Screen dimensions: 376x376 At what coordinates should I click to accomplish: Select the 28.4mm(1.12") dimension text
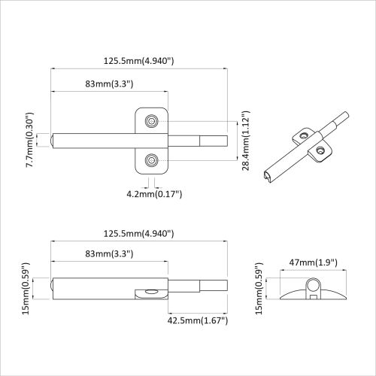point(245,141)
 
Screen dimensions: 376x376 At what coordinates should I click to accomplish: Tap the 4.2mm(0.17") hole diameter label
point(153,194)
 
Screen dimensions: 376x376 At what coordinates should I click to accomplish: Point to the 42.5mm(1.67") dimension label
point(196,320)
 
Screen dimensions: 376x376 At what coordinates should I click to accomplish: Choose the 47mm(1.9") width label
point(312,262)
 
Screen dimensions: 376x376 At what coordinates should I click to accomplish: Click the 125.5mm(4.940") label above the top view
point(139,60)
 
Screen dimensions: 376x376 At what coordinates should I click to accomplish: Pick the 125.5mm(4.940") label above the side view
point(139,234)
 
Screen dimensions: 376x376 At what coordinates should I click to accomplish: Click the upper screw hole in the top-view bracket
point(153,120)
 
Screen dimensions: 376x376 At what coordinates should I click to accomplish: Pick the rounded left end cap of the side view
point(53,288)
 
